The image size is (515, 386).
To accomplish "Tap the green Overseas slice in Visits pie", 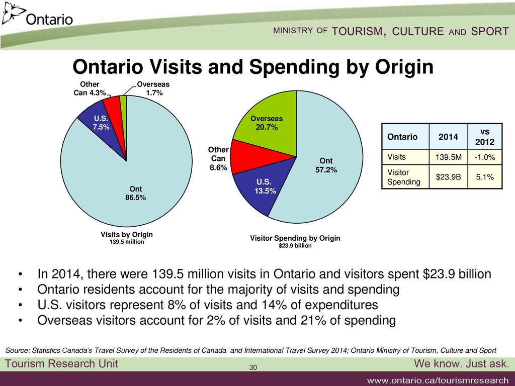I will coord(123,102).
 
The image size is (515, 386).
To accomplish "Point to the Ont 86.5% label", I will coord(136,194).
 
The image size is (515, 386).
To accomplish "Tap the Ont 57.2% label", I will coord(326,165).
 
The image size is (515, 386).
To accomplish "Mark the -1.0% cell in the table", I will coord(484,157).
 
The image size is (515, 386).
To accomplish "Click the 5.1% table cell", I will coord(484,176).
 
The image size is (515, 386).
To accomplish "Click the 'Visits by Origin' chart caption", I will coord(126,235).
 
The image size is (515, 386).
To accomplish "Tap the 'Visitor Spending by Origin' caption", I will coord(295,238).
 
